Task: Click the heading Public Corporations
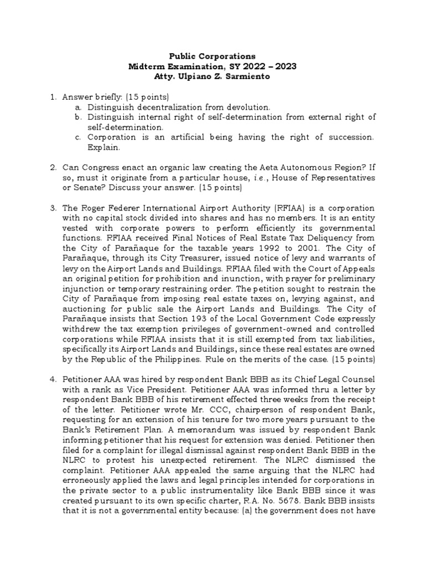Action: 212,56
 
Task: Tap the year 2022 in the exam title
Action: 246,66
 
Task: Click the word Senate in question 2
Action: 87,188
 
